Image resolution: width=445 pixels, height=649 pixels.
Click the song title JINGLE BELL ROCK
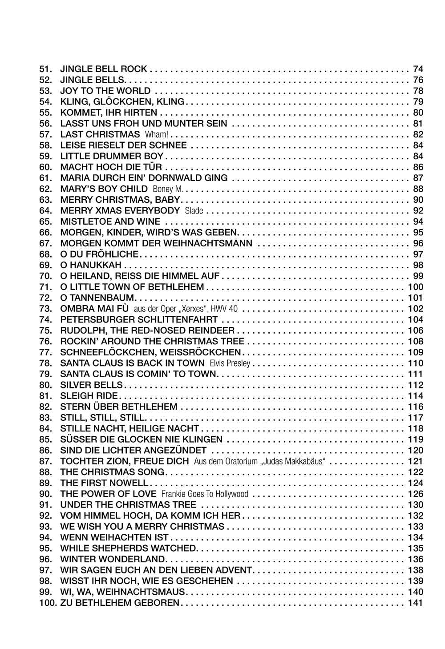point(103,69)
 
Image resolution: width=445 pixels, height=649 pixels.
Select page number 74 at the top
point(418,69)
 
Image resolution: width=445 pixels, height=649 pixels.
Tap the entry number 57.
point(46,134)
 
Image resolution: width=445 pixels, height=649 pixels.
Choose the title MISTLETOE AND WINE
point(110,222)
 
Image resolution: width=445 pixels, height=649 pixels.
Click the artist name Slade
point(194,211)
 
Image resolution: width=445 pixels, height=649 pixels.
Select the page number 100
point(416,287)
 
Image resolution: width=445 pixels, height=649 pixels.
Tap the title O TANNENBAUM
point(97,298)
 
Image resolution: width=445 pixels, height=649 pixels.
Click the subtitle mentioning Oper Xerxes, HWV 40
point(182,309)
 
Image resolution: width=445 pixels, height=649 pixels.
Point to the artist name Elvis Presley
point(230,363)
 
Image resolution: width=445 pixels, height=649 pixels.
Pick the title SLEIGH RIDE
point(89,396)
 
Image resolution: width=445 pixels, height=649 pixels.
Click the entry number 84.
point(46,428)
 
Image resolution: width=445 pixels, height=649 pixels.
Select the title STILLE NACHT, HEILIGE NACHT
point(129,428)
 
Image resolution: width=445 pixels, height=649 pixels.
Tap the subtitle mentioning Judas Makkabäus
point(260,461)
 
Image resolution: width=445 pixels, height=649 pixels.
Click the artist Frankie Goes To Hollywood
point(205,494)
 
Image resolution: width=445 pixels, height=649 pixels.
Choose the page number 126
point(416,494)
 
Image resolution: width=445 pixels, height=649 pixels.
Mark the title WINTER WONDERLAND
point(113,559)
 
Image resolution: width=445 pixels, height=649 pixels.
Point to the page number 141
point(416,603)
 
